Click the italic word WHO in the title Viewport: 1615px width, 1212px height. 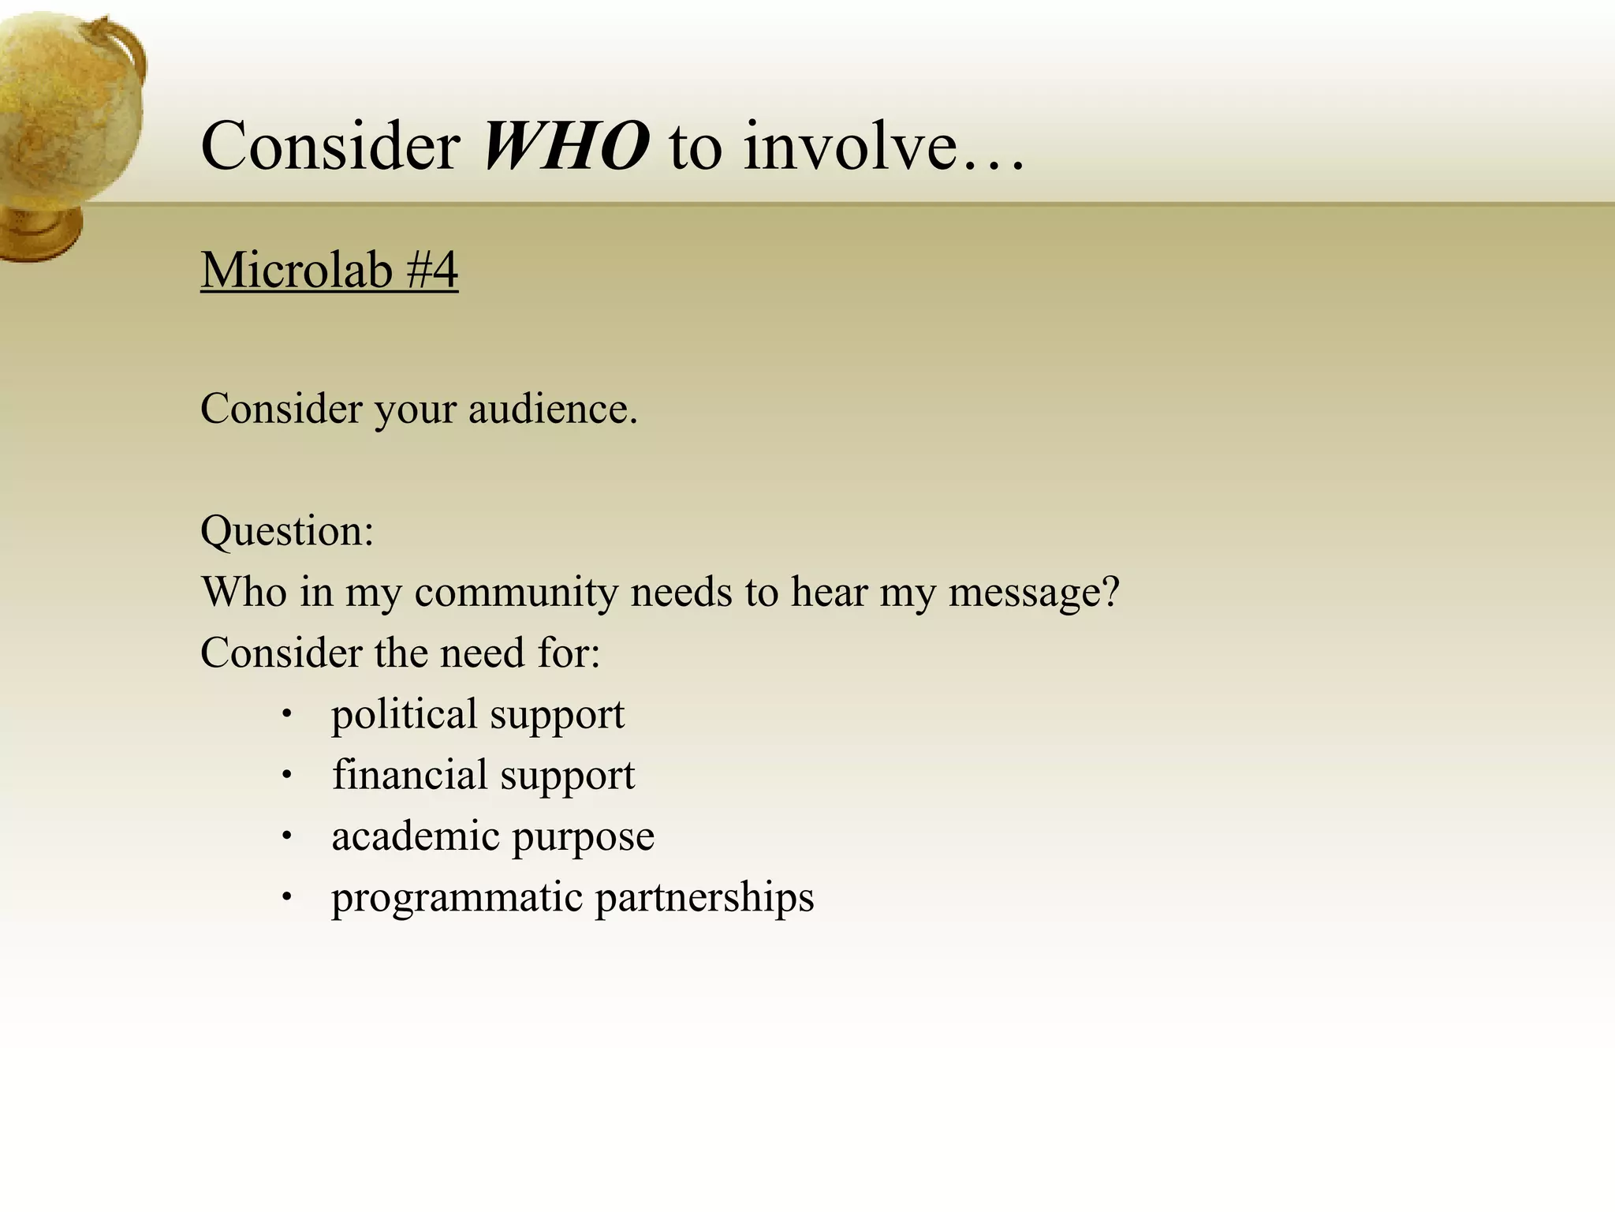tap(565, 146)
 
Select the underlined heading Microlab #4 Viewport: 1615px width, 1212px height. tap(329, 270)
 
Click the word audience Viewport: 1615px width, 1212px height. tap(552, 410)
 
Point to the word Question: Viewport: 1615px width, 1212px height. tap(287, 530)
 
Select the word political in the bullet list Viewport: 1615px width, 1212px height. tap(403, 715)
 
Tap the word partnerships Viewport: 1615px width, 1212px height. tap(704, 898)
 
